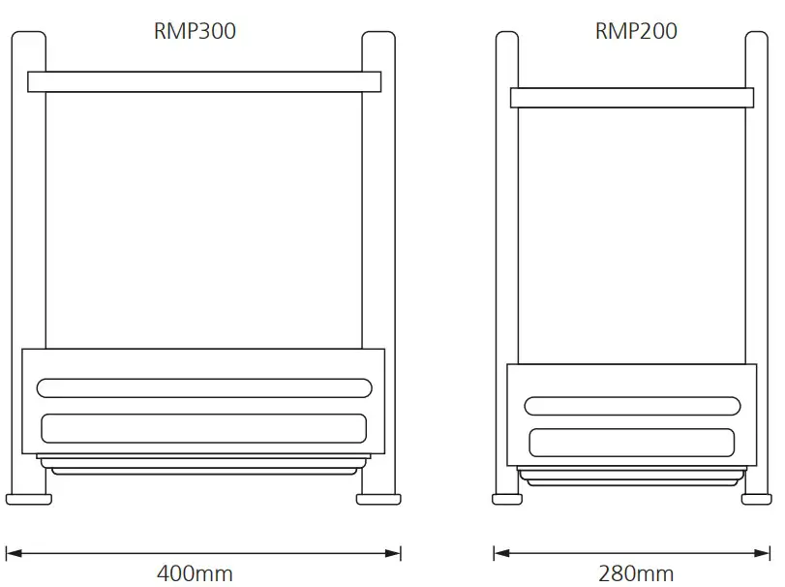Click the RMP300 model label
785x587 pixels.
coord(195,31)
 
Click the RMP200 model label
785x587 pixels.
coord(636,31)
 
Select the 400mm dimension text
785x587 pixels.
coord(195,572)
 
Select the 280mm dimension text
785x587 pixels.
coord(636,572)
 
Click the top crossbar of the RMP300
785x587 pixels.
coord(204,81)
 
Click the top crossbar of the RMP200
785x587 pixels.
coord(632,97)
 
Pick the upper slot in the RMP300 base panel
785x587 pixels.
coord(204,387)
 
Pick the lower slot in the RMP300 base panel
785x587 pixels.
coord(204,427)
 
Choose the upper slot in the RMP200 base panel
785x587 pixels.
coord(631,406)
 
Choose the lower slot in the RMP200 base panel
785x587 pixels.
coord(631,442)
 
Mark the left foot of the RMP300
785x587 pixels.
coord(29,499)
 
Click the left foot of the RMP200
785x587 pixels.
coord(504,499)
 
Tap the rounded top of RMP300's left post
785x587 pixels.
coord(29,39)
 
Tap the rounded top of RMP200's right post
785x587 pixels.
coord(756,39)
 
